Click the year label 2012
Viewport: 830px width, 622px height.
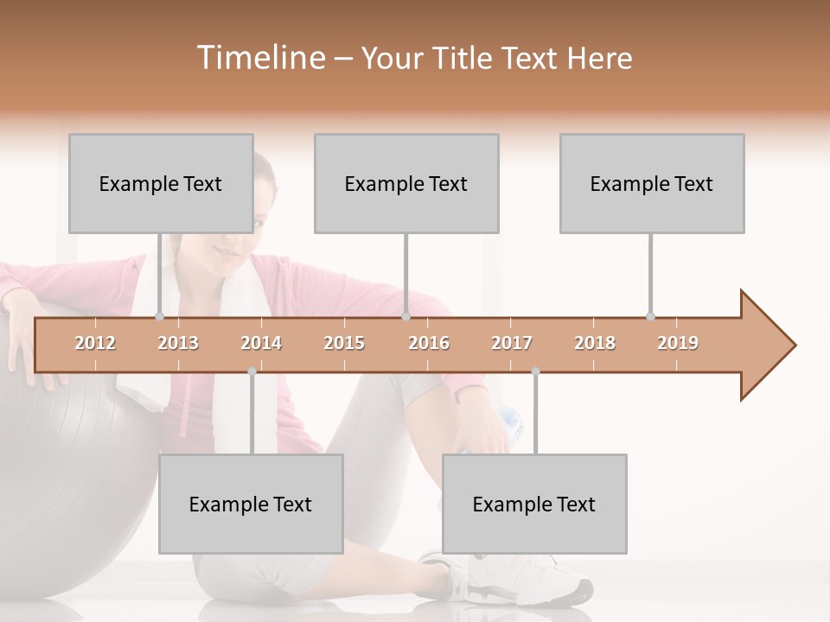pos(95,343)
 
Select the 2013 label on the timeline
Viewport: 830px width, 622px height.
pos(178,343)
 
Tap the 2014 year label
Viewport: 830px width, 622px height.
pos(261,343)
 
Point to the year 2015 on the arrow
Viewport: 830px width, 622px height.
pos(344,343)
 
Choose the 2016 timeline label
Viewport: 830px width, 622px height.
pos(429,343)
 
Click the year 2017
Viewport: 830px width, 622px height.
pos(512,343)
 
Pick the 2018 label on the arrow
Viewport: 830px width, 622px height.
pos(595,343)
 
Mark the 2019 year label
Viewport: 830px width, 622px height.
pos(678,343)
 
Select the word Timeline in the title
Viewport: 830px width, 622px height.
pos(259,58)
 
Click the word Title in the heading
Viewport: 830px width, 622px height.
pos(466,58)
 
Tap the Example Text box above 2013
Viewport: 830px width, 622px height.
pos(161,183)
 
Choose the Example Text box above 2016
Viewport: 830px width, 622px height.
pos(406,183)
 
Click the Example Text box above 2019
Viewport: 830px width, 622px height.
pos(652,183)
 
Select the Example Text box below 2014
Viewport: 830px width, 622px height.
pos(251,504)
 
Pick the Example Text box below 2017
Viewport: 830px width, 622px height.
pos(534,504)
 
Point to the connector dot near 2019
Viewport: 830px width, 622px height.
pos(651,316)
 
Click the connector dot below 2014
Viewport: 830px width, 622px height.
pos(252,371)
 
